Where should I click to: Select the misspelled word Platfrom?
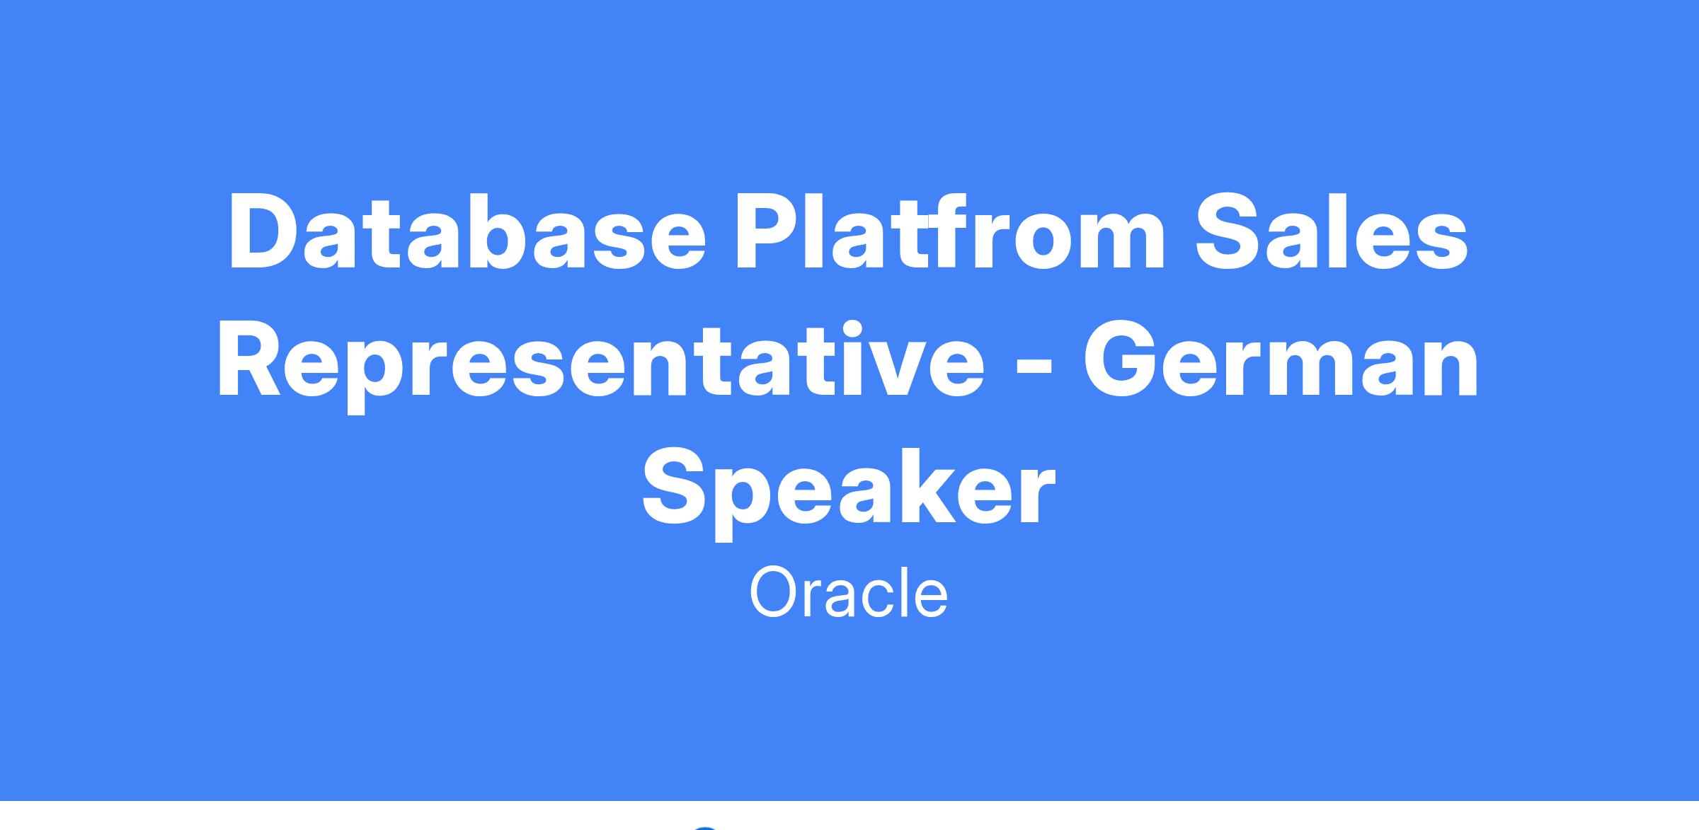coord(950,232)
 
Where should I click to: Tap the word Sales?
coord(1332,232)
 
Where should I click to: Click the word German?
coord(1281,361)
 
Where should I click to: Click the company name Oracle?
coord(849,593)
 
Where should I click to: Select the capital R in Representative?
coord(253,361)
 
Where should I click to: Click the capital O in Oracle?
coord(776,594)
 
